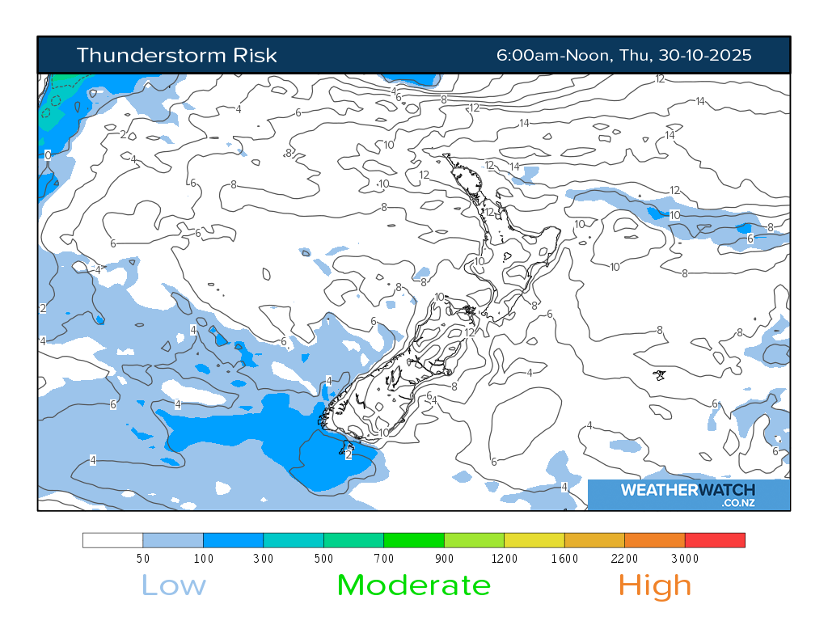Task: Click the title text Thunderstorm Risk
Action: (176, 55)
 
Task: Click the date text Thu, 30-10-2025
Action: (686, 55)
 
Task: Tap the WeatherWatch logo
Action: (688, 494)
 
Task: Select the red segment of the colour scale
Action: (715, 540)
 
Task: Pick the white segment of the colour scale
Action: (113, 540)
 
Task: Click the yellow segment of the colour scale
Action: (534, 540)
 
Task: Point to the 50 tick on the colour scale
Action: (142, 558)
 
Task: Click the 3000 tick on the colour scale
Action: (684, 558)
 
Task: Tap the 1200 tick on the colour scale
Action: (504, 558)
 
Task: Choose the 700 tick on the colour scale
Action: (383, 558)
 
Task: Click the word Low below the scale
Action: (174, 585)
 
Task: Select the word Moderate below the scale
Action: (413, 585)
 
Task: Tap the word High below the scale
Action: (655, 585)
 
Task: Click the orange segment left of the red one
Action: (655, 540)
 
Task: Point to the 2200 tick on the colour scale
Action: (624, 558)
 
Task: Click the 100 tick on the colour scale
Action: (203, 558)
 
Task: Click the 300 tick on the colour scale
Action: (263, 558)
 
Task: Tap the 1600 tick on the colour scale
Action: (564, 558)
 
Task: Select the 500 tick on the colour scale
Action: (323, 558)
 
